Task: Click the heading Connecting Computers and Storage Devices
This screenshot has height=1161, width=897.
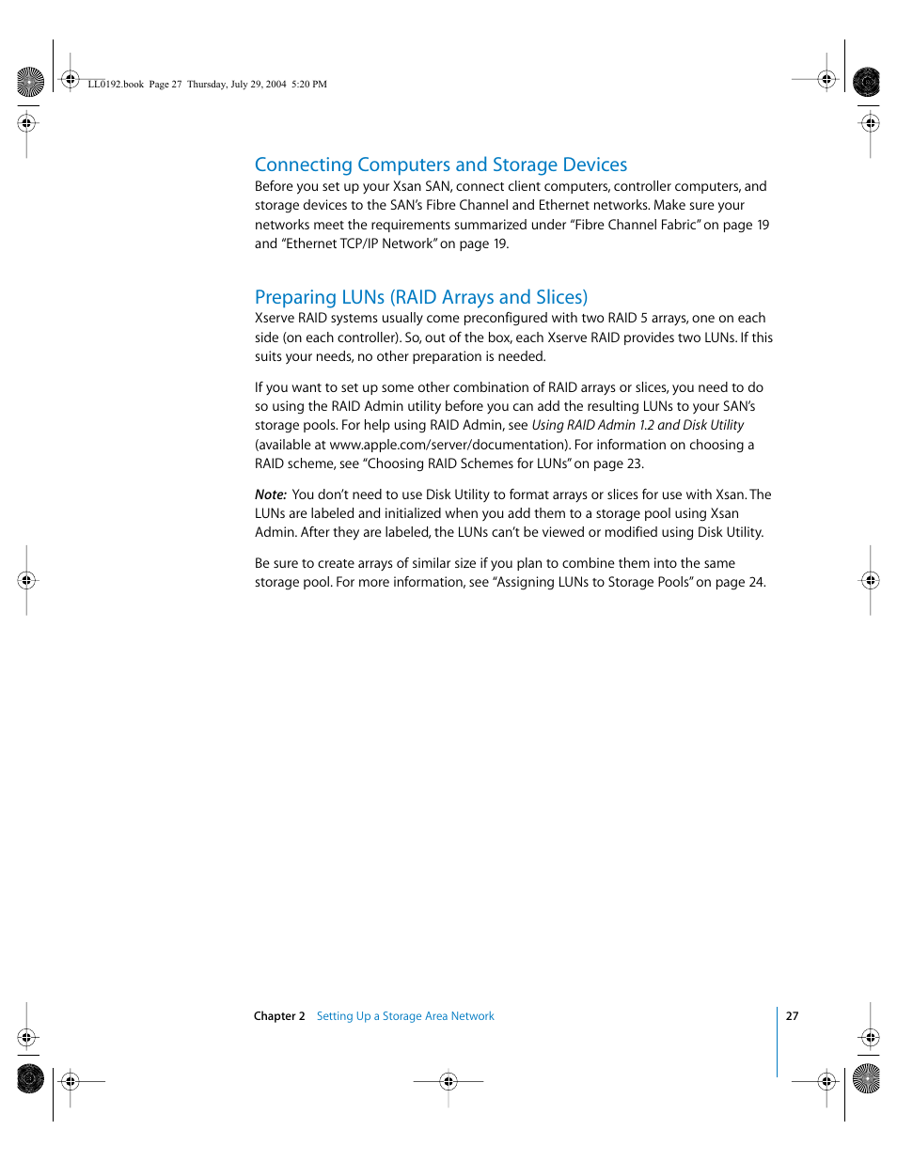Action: [440, 165]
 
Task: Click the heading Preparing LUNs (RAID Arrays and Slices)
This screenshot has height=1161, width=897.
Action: [420, 297]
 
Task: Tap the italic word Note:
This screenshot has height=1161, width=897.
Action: [270, 494]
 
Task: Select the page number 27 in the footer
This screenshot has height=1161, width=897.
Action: [792, 1016]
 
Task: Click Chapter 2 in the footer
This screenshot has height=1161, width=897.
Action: [279, 1016]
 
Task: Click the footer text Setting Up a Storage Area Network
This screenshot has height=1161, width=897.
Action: [405, 1016]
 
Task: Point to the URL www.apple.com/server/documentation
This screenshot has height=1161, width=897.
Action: [448, 445]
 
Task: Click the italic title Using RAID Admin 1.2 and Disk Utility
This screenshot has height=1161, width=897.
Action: [637, 425]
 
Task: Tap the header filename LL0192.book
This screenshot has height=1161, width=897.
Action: [116, 85]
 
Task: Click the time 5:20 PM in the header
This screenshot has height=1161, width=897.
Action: [309, 85]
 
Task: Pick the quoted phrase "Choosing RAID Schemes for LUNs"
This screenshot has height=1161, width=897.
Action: [468, 463]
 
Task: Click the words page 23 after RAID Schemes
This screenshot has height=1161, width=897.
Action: [617, 463]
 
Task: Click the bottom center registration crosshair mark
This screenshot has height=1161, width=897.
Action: [448, 1081]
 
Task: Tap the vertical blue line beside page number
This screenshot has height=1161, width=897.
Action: [778, 1042]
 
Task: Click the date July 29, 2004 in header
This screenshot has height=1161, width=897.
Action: [259, 85]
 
